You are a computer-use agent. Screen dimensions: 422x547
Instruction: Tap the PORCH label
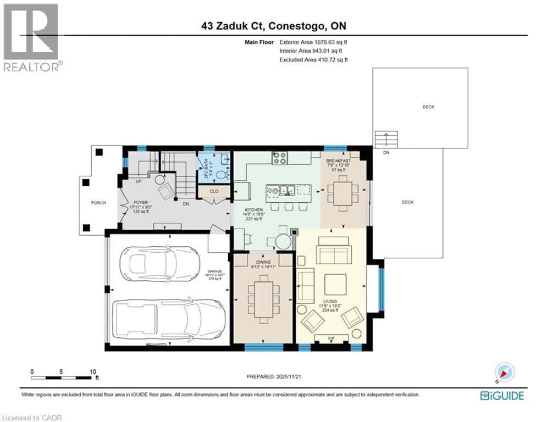pos(98,203)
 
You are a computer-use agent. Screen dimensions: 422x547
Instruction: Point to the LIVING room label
pos(330,301)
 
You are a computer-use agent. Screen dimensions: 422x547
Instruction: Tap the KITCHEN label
pos(255,210)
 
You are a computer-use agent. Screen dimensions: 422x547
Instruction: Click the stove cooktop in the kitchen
pos(280,158)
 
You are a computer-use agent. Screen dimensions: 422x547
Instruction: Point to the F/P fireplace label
pos(331,337)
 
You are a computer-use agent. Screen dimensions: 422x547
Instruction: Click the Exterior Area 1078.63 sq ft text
pos(313,41)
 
